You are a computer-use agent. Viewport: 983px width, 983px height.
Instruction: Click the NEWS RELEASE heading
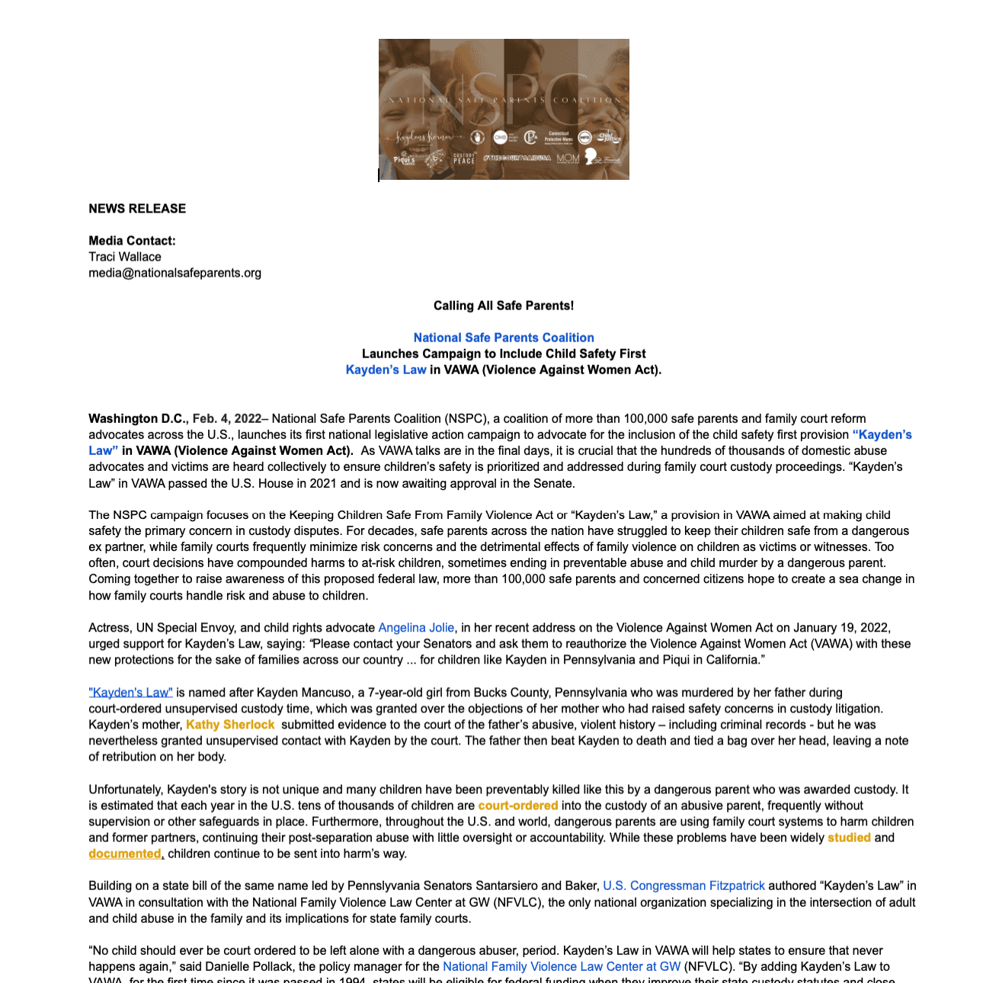(x=137, y=209)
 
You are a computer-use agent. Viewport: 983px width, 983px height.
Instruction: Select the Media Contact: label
(x=132, y=241)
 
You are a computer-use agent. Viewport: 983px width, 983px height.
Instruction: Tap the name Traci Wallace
(x=125, y=257)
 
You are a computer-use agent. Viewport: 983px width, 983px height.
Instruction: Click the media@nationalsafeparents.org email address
(x=175, y=273)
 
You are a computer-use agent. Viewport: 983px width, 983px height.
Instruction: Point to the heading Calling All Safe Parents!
(x=504, y=306)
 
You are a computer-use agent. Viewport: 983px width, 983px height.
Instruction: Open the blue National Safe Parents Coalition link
(x=504, y=338)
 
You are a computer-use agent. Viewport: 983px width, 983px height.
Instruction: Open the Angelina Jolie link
(x=416, y=628)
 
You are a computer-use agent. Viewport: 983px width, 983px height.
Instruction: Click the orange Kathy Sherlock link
(x=230, y=725)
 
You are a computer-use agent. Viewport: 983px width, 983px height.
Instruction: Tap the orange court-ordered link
(x=518, y=805)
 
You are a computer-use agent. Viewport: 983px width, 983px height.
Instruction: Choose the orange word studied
(x=849, y=837)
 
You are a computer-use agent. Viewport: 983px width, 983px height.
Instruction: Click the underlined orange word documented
(x=125, y=853)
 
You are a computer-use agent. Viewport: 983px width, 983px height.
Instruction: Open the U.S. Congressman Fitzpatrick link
(x=684, y=885)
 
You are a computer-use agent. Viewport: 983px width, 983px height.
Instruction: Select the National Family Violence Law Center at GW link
(x=562, y=966)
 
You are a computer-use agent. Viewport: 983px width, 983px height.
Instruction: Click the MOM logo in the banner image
(x=568, y=158)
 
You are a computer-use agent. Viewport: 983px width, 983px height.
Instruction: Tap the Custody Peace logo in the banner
(x=464, y=158)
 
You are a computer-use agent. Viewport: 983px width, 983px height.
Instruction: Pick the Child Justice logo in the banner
(x=609, y=137)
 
